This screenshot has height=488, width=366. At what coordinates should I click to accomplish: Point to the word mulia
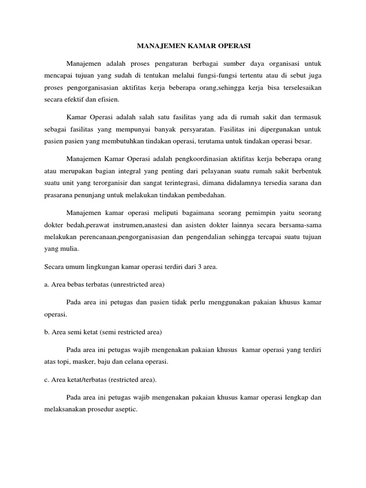click(71, 249)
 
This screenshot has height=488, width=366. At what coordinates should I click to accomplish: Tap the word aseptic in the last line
click(125, 409)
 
